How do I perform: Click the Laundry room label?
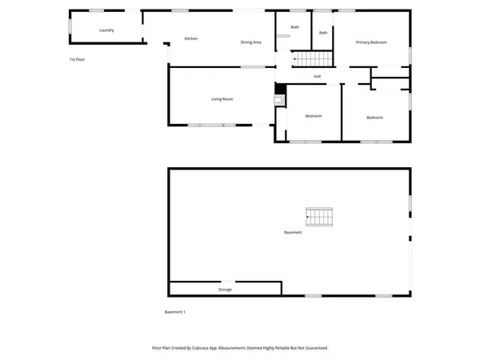pyautogui.click(x=106, y=30)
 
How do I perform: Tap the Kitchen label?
pyautogui.click(x=191, y=38)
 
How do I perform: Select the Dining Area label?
pyautogui.click(x=251, y=42)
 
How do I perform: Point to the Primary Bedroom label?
pyautogui.click(x=372, y=42)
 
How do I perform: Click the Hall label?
pyautogui.click(x=318, y=76)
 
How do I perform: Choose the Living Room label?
pyautogui.click(x=222, y=99)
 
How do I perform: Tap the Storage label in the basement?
pyautogui.click(x=225, y=289)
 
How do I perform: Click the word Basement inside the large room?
pyautogui.click(x=293, y=233)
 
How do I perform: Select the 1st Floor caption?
pyautogui.click(x=77, y=60)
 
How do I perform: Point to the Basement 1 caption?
pyautogui.click(x=175, y=311)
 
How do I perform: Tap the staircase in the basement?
pyautogui.click(x=319, y=216)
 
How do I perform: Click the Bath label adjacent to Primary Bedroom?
pyautogui.click(x=323, y=33)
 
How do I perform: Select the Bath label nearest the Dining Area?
pyautogui.click(x=295, y=27)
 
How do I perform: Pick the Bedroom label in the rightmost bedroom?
pyautogui.click(x=374, y=118)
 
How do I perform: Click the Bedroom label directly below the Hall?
pyautogui.click(x=314, y=116)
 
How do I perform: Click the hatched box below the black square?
pyautogui.click(x=279, y=101)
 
